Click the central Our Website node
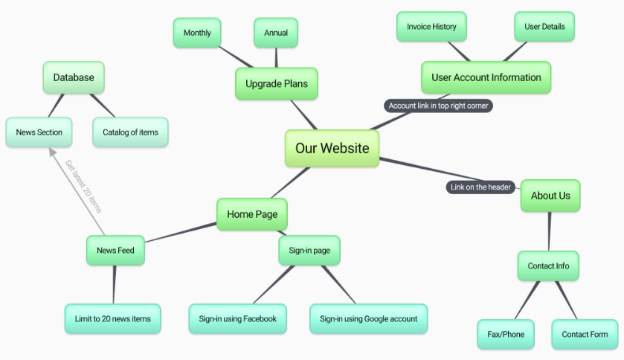click(332, 148)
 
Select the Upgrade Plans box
click(277, 83)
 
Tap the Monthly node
click(197, 33)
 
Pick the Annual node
click(276, 33)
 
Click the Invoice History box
click(431, 27)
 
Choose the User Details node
click(544, 27)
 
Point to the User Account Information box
click(486, 77)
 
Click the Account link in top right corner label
click(438, 106)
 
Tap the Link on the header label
click(480, 187)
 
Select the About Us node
click(550, 196)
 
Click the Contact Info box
click(548, 266)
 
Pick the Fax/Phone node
click(506, 334)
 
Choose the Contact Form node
click(585, 334)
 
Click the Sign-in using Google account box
click(368, 318)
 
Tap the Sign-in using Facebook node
click(237, 318)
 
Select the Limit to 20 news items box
click(112, 318)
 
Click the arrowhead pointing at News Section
click(52, 152)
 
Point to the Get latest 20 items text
click(83, 186)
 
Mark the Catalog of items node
click(131, 132)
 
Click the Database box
click(74, 77)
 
